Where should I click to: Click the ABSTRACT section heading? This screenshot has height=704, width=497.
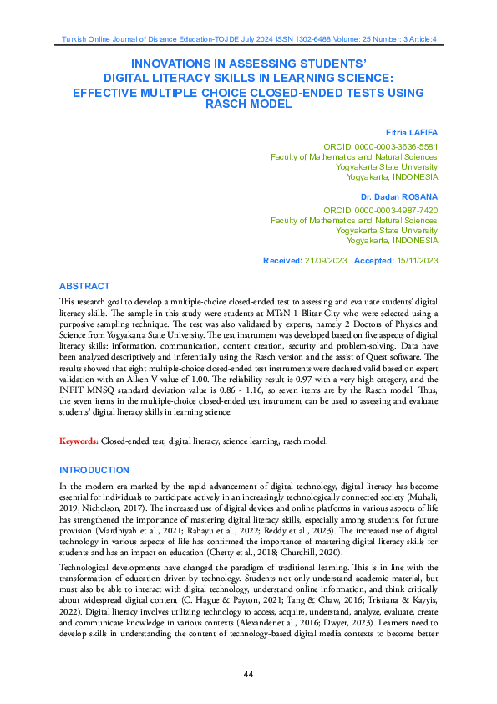pyautogui.click(x=84, y=286)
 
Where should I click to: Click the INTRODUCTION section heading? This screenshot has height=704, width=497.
pyautogui.click(x=94, y=471)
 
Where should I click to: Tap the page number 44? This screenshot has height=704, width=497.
pyautogui.click(x=248, y=675)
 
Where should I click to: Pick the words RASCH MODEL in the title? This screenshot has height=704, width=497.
pyautogui.click(x=248, y=105)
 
